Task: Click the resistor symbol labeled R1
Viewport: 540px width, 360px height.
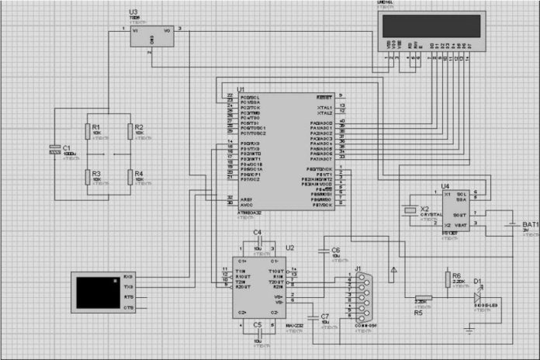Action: click(x=87, y=134)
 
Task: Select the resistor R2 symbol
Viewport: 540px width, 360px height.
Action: click(x=130, y=134)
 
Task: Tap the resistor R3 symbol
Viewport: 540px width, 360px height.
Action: click(x=87, y=178)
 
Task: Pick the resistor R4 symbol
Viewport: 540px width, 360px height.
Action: click(x=130, y=178)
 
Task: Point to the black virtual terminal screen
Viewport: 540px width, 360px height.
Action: click(x=99, y=292)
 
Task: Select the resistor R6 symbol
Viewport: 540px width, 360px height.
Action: click(x=447, y=279)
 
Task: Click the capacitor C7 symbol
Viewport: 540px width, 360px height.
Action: click(x=313, y=317)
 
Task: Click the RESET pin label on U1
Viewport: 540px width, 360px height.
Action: click(x=324, y=96)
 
